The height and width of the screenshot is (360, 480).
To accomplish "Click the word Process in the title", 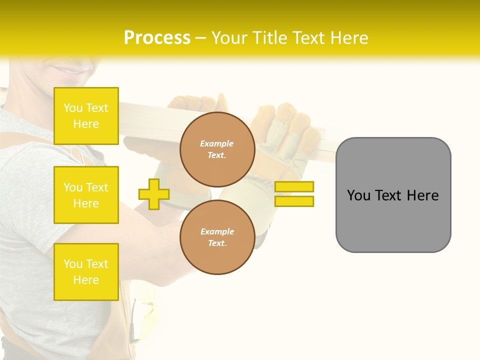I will [x=157, y=38].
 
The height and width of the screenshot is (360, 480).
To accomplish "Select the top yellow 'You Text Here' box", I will [x=86, y=116].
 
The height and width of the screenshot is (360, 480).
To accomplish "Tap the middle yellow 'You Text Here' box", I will [x=86, y=195].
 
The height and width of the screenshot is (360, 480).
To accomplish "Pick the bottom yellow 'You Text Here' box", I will [x=86, y=271].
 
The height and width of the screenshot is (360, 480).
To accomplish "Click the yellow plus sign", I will [x=154, y=194].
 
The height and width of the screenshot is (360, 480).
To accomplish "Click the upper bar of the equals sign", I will [x=294, y=186].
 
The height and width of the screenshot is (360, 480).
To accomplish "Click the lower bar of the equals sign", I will [x=294, y=201].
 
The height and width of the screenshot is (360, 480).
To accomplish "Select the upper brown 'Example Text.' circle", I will [x=217, y=149].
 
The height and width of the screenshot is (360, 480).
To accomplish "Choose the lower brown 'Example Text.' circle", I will [x=217, y=237].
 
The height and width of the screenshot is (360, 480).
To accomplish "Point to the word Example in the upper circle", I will [x=217, y=144].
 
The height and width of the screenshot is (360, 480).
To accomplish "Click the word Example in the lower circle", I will [x=217, y=232].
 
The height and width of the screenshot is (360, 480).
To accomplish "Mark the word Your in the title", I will [x=227, y=38].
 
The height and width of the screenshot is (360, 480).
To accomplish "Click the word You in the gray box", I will [x=358, y=195].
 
